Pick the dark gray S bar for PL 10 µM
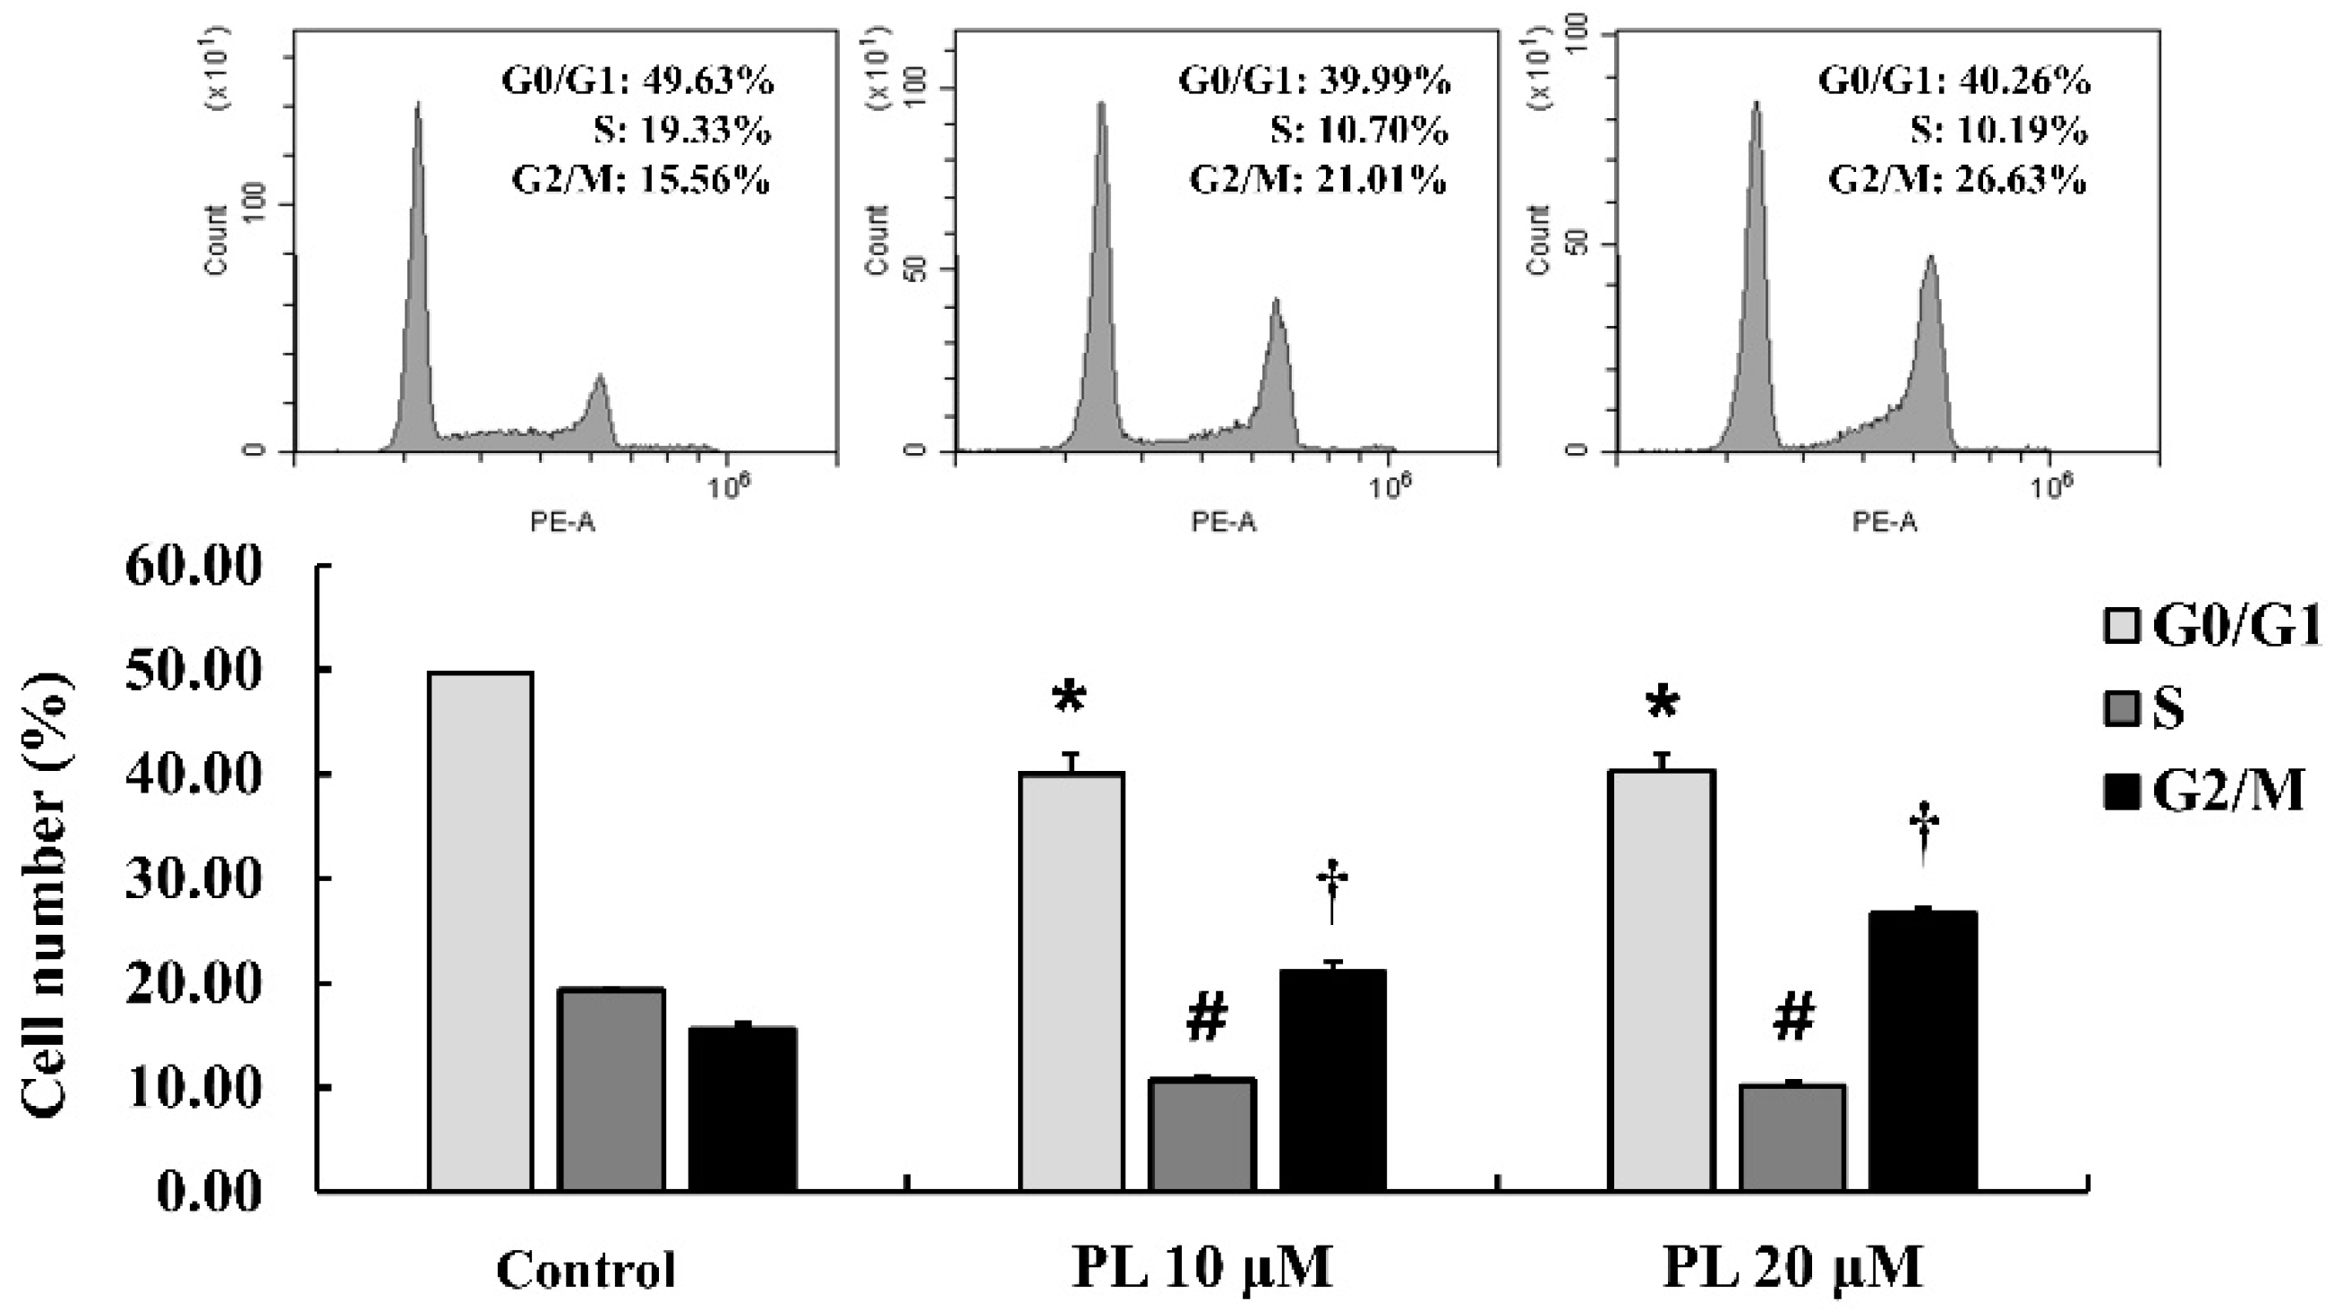(1201, 1134)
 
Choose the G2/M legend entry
(2206, 790)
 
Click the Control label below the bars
(586, 1269)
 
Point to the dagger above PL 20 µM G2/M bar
(1924, 833)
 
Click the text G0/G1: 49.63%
(637, 81)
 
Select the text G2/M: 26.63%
(1957, 181)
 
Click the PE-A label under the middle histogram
(1223, 522)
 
